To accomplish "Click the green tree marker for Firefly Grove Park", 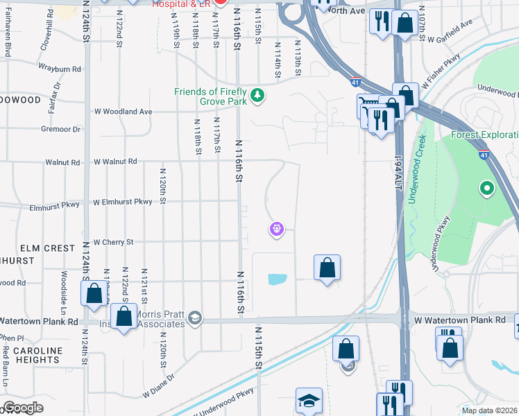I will pyautogui.click(x=257, y=95).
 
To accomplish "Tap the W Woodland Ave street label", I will pyautogui.click(x=123, y=112).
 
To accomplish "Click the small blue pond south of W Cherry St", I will pyautogui.click(x=277, y=279).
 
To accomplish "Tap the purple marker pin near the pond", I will pyautogui.click(x=276, y=228).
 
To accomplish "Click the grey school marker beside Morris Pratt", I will pyautogui.click(x=195, y=318).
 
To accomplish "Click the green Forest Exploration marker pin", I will pyautogui.click(x=487, y=187).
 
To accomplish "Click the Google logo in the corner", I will pyautogui.click(x=23, y=408).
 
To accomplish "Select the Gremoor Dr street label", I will pyautogui.click(x=60, y=129).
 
